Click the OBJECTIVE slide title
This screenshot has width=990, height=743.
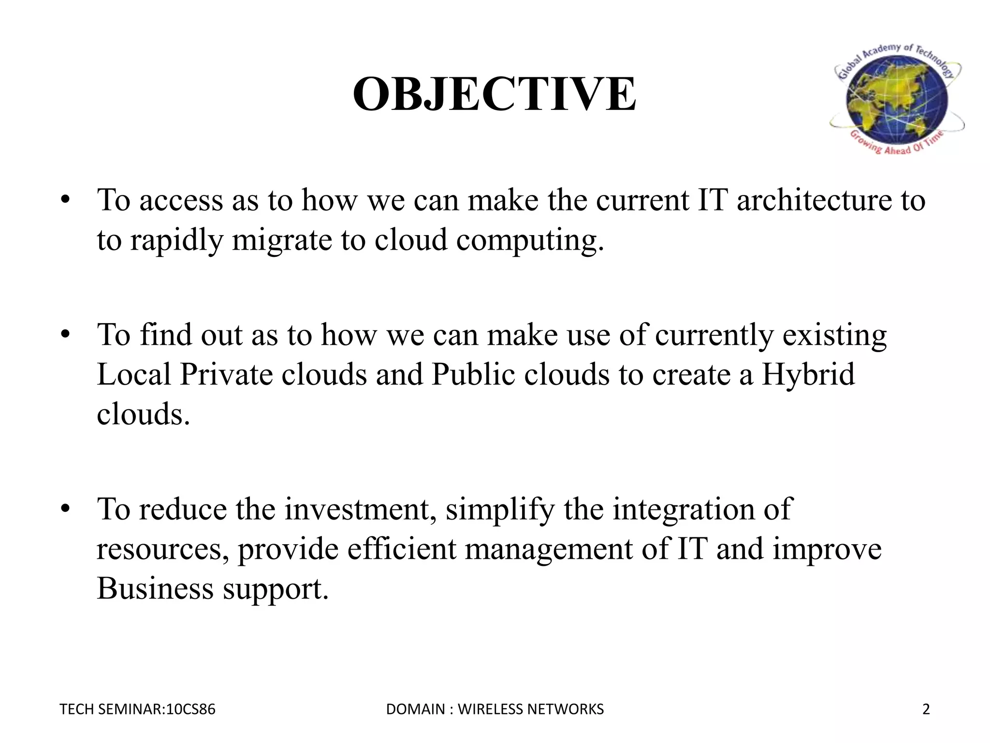coord(495,94)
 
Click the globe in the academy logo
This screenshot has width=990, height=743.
coord(897,100)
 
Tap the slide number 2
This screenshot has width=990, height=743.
coord(926,709)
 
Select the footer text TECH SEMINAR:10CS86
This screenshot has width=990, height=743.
coord(137,709)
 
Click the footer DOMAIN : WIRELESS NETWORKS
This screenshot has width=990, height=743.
coord(495,709)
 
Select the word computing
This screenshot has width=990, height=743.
coord(530,241)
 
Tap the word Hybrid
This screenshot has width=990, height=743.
coord(808,375)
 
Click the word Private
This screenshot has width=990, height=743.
coord(226,375)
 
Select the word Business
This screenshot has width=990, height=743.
coord(155,589)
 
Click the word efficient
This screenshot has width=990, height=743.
coord(401,549)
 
